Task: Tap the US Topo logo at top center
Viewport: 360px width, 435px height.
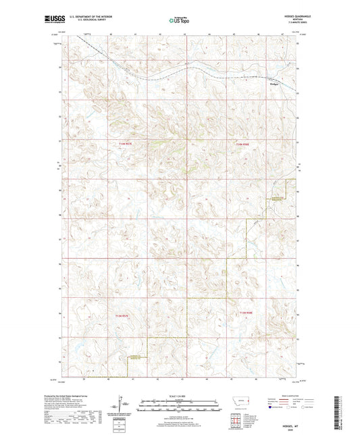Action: (179, 20)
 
